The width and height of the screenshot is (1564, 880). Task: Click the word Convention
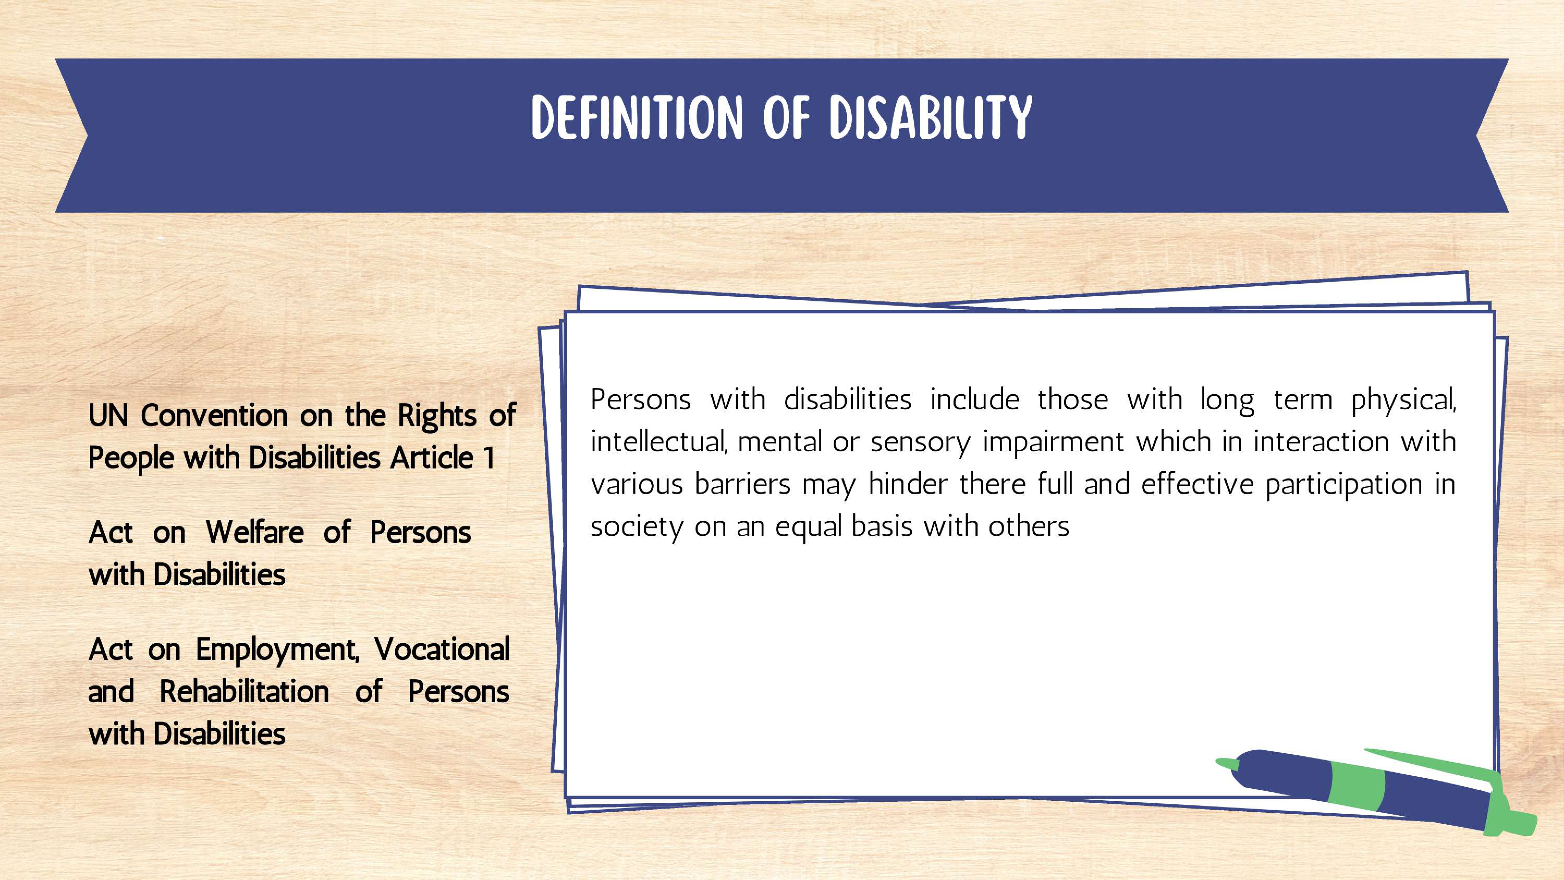click(214, 416)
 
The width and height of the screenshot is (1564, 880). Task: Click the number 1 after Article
click(489, 458)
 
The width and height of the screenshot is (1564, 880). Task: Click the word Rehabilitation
click(244, 692)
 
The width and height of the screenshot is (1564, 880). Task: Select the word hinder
click(908, 484)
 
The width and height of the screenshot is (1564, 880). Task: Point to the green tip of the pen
click(1225, 764)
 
